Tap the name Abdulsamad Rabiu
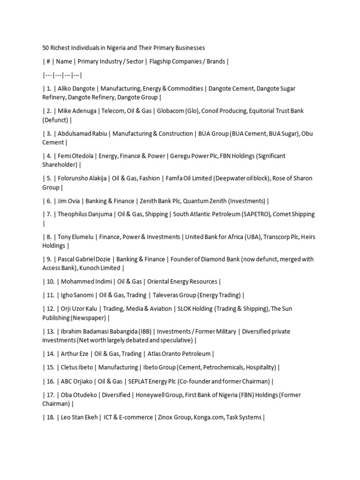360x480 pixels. [x=82, y=134]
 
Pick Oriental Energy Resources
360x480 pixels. [x=182, y=282]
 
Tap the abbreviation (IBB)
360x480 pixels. [x=144, y=331]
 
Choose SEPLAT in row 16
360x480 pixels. [x=140, y=382]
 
